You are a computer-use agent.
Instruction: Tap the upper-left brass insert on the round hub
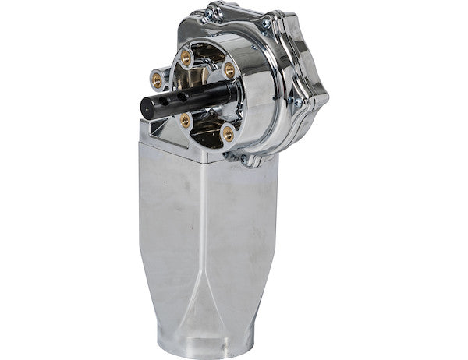tap(186, 56)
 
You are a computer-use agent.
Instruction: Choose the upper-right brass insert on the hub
tap(229, 70)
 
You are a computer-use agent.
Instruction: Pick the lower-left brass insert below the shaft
tap(186, 119)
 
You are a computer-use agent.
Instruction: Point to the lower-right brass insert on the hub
tap(228, 134)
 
